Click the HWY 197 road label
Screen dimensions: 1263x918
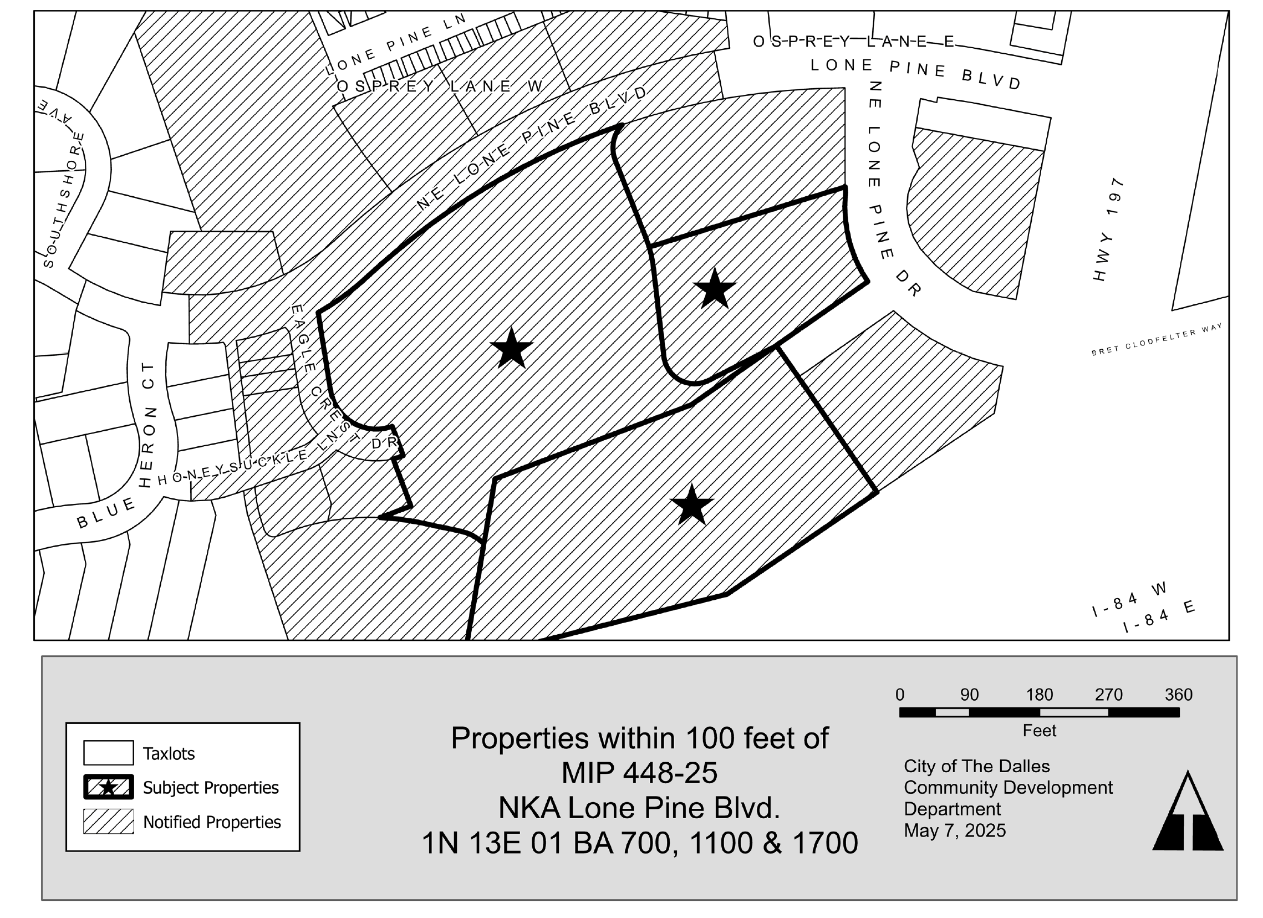point(1108,229)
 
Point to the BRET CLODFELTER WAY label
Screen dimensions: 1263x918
point(1157,339)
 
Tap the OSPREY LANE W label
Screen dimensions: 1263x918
point(440,86)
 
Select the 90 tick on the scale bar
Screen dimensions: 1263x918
point(970,712)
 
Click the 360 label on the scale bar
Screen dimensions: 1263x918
point(1178,695)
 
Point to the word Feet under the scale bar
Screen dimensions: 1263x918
point(1039,731)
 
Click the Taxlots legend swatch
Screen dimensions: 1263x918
point(109,753)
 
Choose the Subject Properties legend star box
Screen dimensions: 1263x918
point(109,787)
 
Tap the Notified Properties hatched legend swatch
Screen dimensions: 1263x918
point(109,821)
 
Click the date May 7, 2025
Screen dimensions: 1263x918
point(955,830)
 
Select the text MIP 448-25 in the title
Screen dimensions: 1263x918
point(639,773)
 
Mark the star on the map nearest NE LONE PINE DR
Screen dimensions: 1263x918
point(715,287)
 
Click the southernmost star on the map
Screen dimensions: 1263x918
point(692,504)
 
